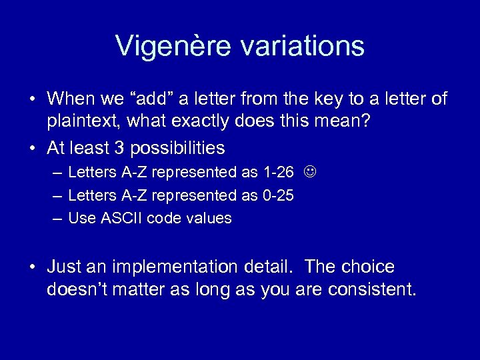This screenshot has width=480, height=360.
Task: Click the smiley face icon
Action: click(x=309, y=173)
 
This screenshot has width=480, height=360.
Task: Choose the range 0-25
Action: click(x=277, y=196)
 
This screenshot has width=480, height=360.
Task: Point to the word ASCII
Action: click(x=121, y=219)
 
